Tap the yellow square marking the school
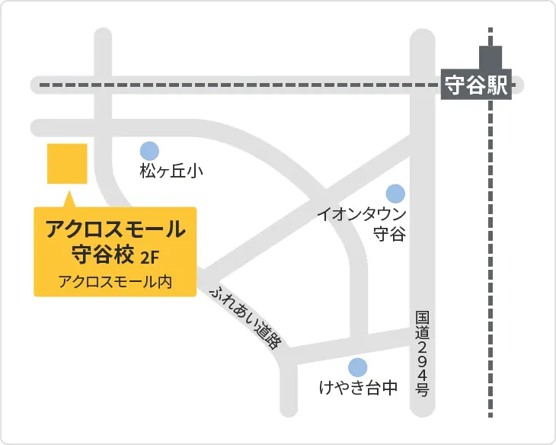point(67,163)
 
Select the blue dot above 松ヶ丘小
point(149,151)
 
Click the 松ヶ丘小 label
point(171,171)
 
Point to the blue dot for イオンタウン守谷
point(395,194)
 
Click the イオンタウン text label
point(362,215)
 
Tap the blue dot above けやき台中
point(357,367)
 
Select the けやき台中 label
point(358,389)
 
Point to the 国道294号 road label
point(423,354)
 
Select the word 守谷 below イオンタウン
point(389,235)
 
